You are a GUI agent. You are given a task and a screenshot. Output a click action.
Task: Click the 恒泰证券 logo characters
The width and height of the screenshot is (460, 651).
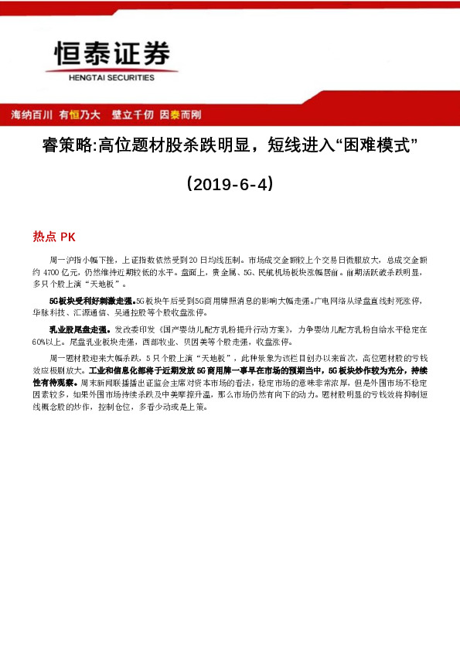pyautogui.click(x=112, y=54)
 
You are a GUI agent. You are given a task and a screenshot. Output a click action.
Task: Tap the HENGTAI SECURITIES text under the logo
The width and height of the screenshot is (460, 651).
pyautogui.click(x=112, y=77)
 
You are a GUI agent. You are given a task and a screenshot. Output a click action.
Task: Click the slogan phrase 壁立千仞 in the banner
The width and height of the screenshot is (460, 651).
pyautogui.click(x=133, y=114)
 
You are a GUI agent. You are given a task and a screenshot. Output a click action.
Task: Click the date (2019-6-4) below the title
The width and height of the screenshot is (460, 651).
pyautogui.click(x=230, y=186)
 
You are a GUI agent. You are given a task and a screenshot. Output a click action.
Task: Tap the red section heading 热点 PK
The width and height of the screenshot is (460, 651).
pyautogui.click(x=53, y=237)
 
